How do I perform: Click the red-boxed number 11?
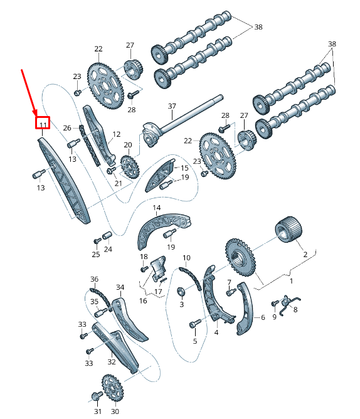click(x=43, y=124)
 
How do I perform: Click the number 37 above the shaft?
click(x=172, y=106)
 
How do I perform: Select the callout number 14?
click(x=156, y=208)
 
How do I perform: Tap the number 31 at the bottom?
click(x=98, y=411)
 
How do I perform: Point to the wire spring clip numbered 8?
click(x=289, y=302)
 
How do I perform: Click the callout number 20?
click(x=128, y=145)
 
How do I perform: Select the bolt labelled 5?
click(x=193, y=324)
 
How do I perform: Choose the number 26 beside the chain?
click(x=68, y=128)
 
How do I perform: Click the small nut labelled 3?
click(x=182, y=291)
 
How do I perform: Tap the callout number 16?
click(x=144, y=301)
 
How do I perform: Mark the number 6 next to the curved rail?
click(x=263, y=318)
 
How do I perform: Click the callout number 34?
click(x=120, y=287)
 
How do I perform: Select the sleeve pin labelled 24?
click(x=107, y=236)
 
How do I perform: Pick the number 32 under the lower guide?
click(x=112, y=361)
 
